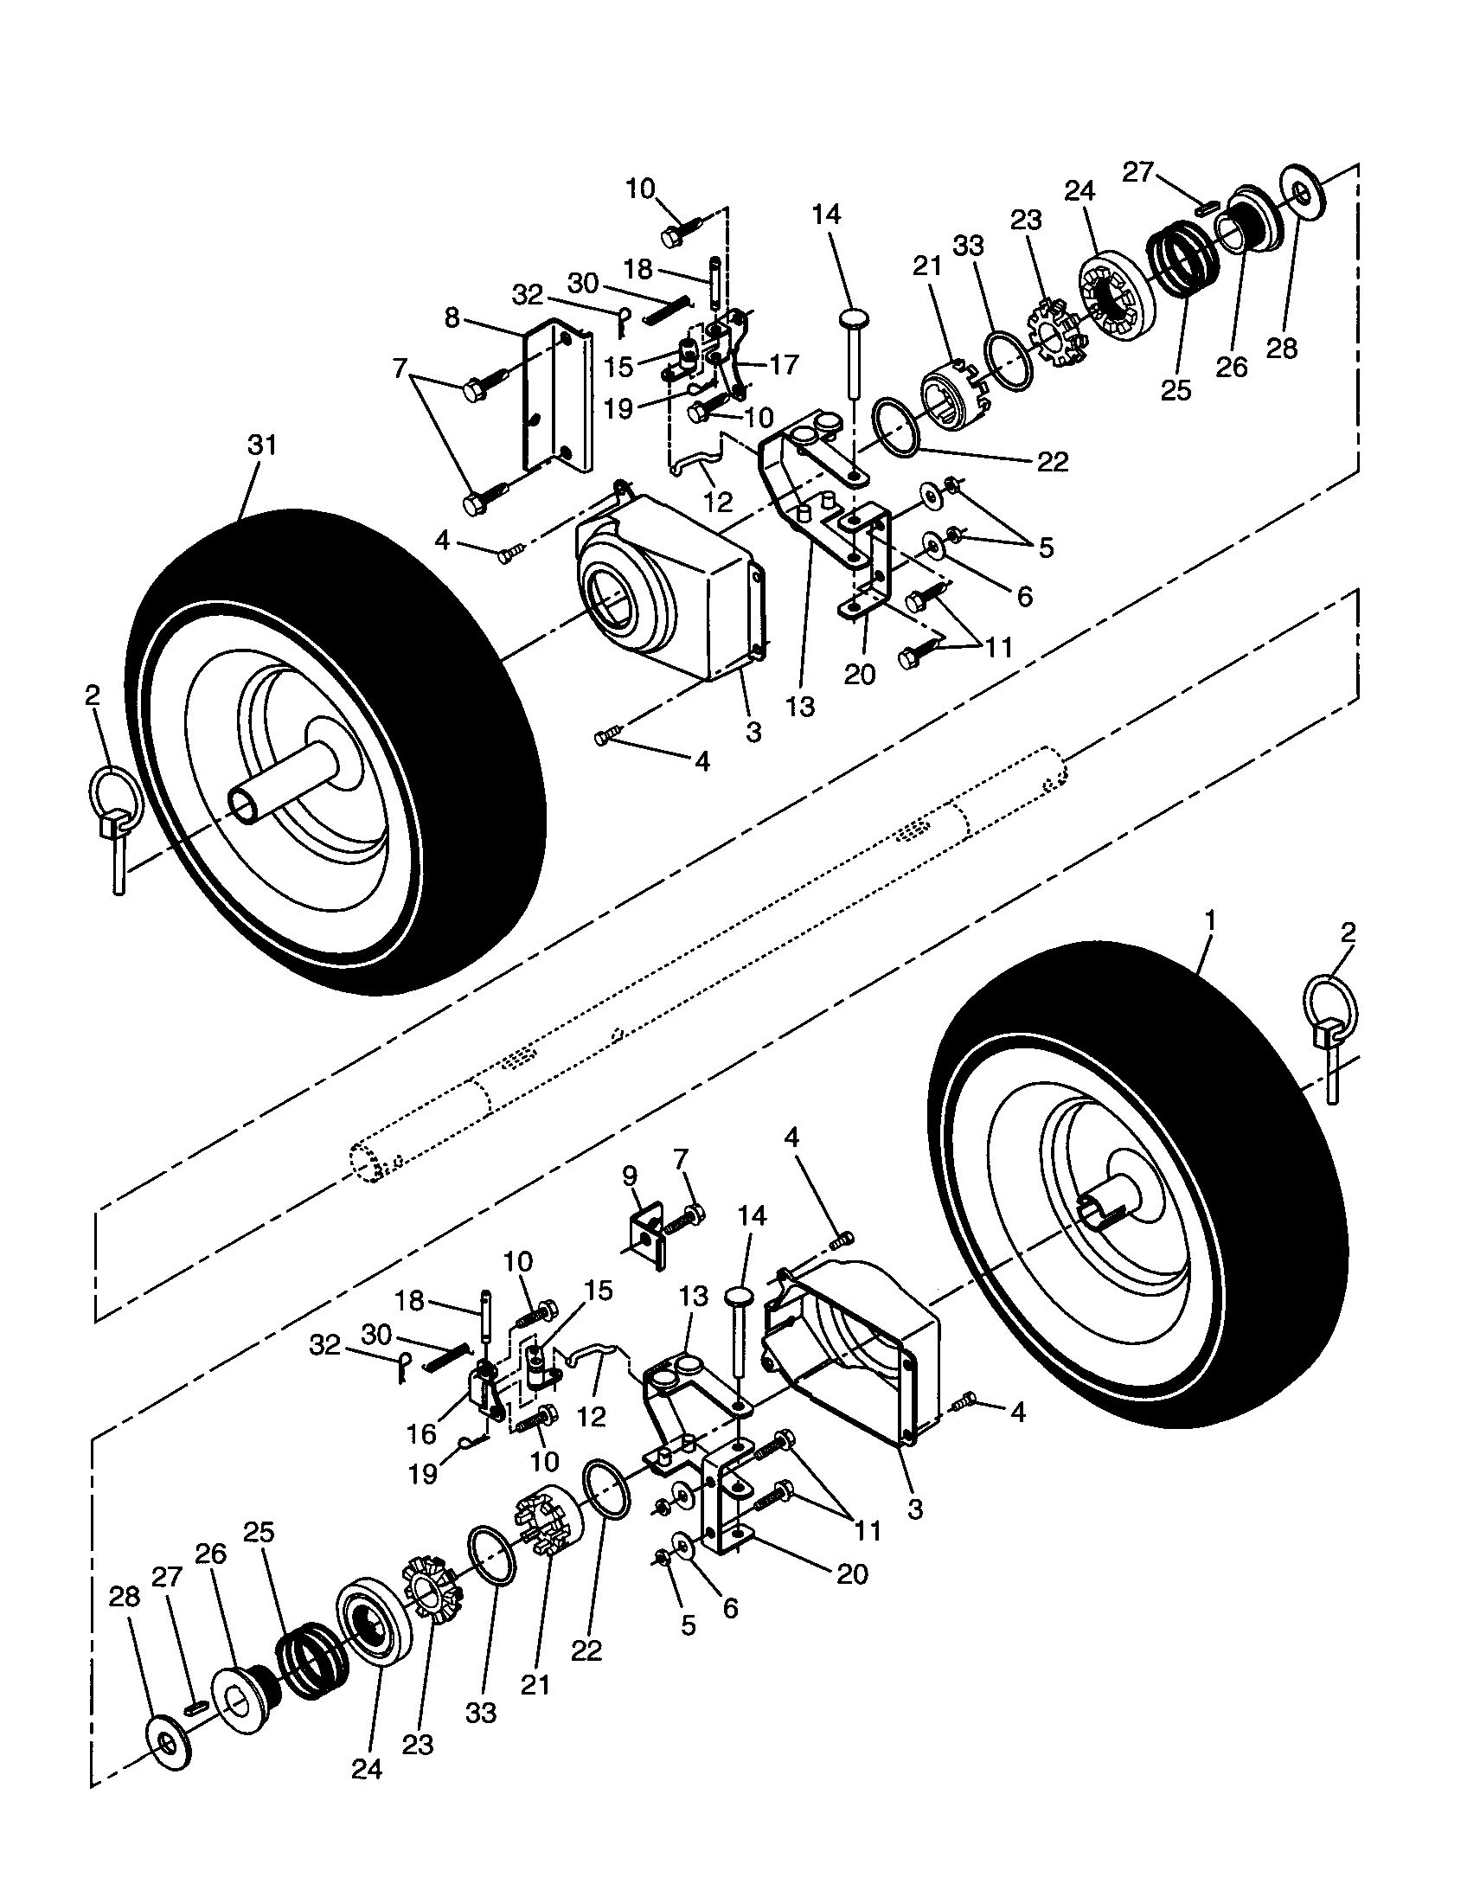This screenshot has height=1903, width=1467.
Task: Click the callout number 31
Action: pos(261,445)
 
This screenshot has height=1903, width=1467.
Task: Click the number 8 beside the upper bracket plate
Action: pos(452,318)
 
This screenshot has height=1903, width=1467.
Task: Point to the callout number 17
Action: pos(784,364)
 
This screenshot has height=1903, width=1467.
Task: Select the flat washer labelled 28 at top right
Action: pos(1304,194)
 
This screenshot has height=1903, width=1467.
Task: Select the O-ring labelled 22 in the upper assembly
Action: pos(896,427)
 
